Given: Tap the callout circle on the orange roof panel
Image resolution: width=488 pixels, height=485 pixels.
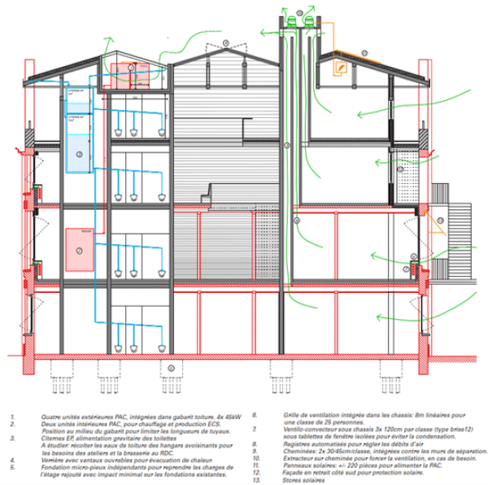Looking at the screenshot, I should (365, 53).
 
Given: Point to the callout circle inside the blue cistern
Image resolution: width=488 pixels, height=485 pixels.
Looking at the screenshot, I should (78, 152).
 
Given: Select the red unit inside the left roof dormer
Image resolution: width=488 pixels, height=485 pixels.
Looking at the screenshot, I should (125, 74).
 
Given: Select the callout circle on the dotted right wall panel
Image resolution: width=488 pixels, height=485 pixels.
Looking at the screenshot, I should (400, 169).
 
